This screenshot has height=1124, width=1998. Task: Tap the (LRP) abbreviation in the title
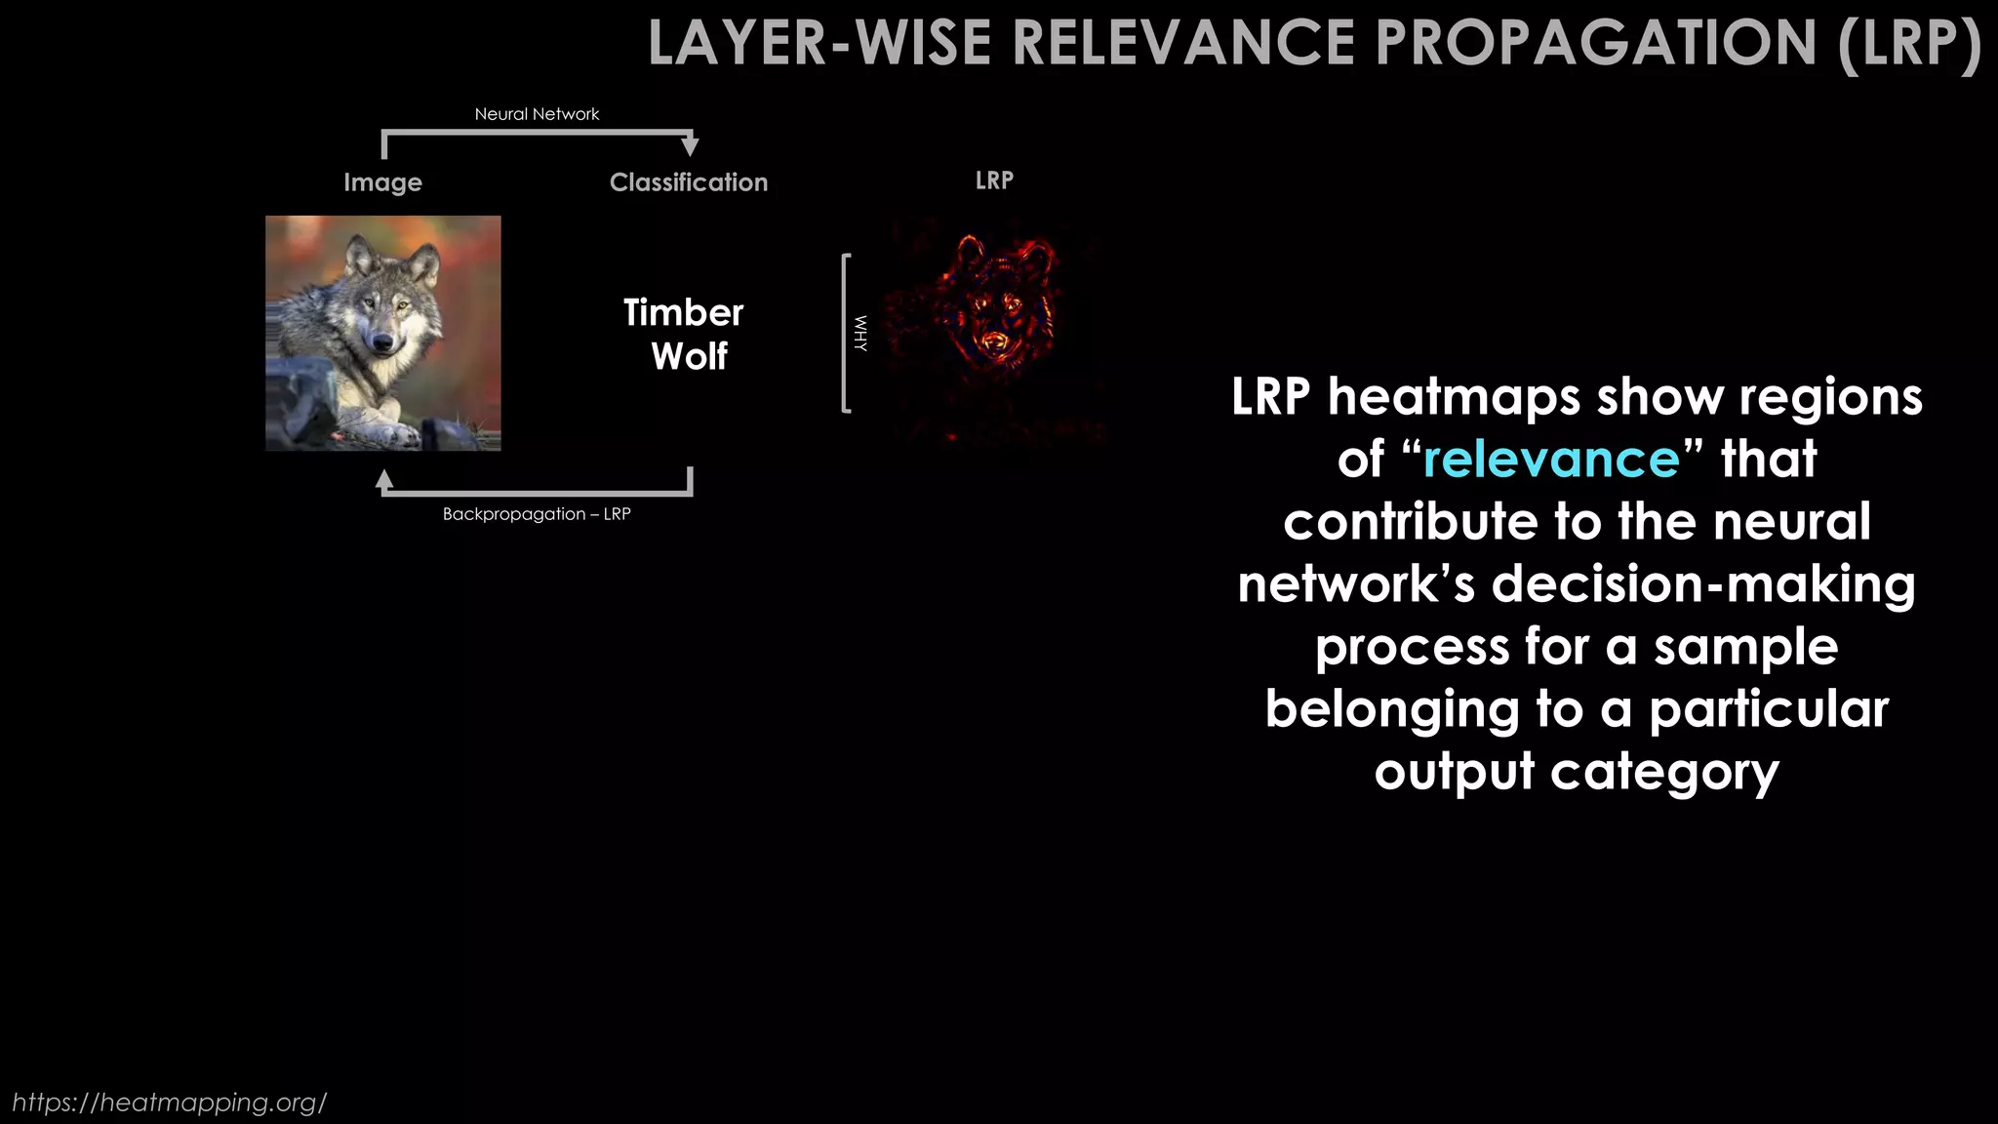tap(1909, 44)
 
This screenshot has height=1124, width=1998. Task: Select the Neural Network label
tap(537, 114)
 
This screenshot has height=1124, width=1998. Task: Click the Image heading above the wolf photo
tap(382, 182)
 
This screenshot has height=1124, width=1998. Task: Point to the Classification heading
tap(688, 182)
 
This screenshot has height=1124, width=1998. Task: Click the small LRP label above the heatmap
tap(994, 181)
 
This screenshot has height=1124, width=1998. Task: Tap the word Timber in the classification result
tap(683, 313)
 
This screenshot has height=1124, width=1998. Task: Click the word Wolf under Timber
tap(689, 357)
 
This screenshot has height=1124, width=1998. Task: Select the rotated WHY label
tap(859, 334)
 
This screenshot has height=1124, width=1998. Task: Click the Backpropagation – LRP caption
tap(537, 514)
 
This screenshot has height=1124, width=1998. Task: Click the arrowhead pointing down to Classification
tap(691, 147)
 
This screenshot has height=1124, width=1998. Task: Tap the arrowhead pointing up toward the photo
tap(384, 479)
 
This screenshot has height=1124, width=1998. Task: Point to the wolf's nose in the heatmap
tap(994, 341)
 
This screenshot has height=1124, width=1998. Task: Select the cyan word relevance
tap(1551, 459)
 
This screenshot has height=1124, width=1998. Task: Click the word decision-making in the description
tap(1703, 583)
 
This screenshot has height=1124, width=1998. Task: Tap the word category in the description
tap(1664, 772)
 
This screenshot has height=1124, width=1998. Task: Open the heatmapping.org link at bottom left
tap(169, 1103)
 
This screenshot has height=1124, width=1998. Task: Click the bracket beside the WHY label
tap(845, 334)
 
